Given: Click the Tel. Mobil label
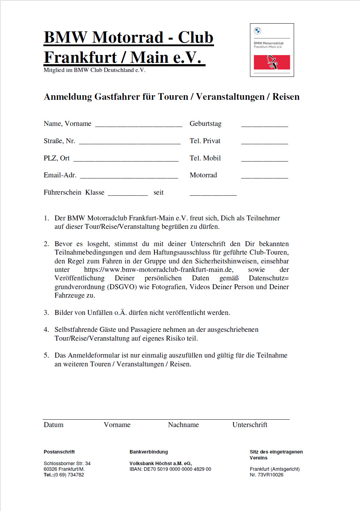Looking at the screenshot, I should click(205, 158).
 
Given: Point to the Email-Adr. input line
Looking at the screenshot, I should click(129, 177).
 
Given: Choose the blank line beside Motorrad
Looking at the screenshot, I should click(264, 177).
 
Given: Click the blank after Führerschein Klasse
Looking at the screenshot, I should click(128, 194).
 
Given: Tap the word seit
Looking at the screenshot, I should click(158, 193).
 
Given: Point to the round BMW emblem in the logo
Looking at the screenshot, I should click(258, 31).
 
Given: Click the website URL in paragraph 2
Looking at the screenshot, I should click(158, 270).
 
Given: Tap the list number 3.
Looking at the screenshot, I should click(46, 313).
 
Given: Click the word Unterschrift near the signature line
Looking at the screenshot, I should click(250, 425).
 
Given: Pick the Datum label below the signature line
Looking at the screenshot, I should click(54, 425).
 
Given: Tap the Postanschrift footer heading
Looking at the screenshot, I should click(59, 452).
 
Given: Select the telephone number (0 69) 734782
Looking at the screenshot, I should click(69, 475).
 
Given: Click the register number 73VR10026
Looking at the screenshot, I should click(270, 475).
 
